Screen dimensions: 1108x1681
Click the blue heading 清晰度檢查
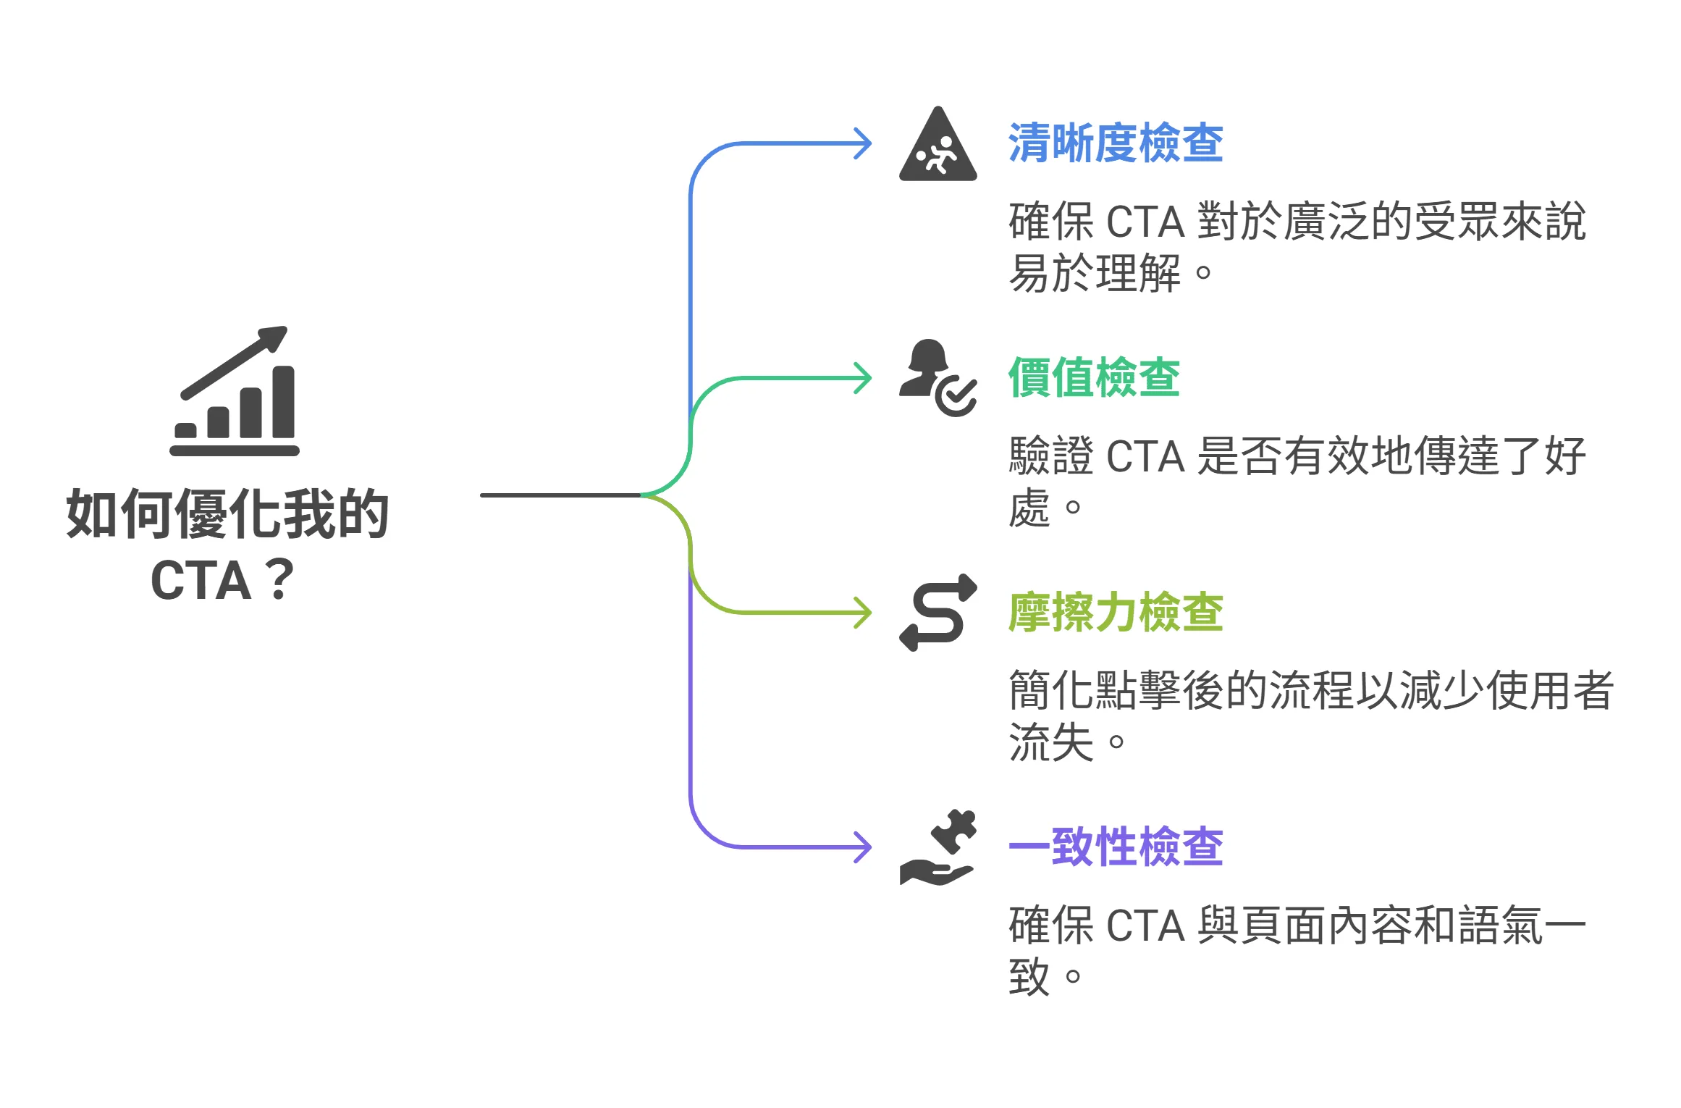1115,143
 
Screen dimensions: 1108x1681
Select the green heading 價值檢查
1093,377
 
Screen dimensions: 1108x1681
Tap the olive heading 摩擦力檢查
1115,612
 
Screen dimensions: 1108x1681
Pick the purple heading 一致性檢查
1115,846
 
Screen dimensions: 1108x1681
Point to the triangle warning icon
938,146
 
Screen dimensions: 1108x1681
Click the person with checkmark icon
937,377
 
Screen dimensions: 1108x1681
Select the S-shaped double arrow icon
938,612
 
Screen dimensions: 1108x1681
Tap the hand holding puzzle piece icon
938,847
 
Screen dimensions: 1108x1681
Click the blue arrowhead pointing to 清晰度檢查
864,143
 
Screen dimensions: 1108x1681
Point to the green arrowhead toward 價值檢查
864,378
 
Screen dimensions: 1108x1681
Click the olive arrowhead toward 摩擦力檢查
864,613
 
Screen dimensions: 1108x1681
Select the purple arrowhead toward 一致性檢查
864,847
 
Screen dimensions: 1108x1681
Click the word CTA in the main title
201,580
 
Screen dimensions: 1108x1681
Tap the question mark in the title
279,580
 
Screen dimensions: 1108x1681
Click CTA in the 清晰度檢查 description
1145,222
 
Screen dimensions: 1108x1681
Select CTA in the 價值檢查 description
1145,456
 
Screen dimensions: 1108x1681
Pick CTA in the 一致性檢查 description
1145,926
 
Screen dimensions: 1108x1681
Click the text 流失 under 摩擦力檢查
1050,742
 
